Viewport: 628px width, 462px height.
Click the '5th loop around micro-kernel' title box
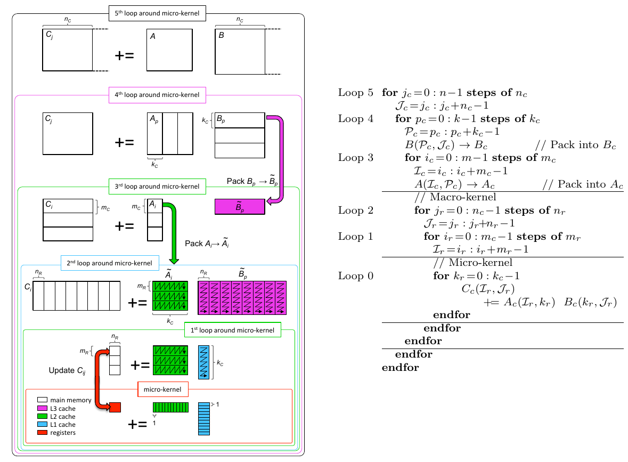tap(157, 13)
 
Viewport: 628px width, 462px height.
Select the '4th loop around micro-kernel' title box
tap(157, 95)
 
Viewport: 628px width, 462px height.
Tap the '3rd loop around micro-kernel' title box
tap(157, 186)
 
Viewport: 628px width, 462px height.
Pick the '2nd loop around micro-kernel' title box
tap(110, 263)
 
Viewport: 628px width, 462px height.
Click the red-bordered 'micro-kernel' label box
tap(162, 390)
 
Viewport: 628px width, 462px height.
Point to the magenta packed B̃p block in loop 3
tap(239, 207)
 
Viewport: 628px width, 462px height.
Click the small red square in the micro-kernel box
tap(115, 408)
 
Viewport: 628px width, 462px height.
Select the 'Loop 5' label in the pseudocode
tap(355, 93)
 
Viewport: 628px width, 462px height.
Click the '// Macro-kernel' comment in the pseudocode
tap(455, 197)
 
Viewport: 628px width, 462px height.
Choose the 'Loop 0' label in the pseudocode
tap(355, 276)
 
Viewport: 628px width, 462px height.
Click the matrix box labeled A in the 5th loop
tap(169, 50)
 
